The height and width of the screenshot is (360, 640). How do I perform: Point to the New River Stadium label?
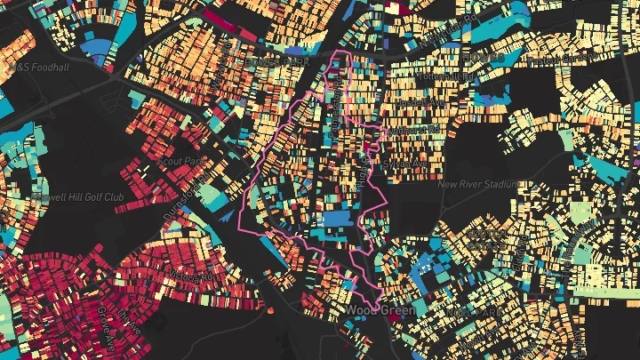click(x=478, y=184)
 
